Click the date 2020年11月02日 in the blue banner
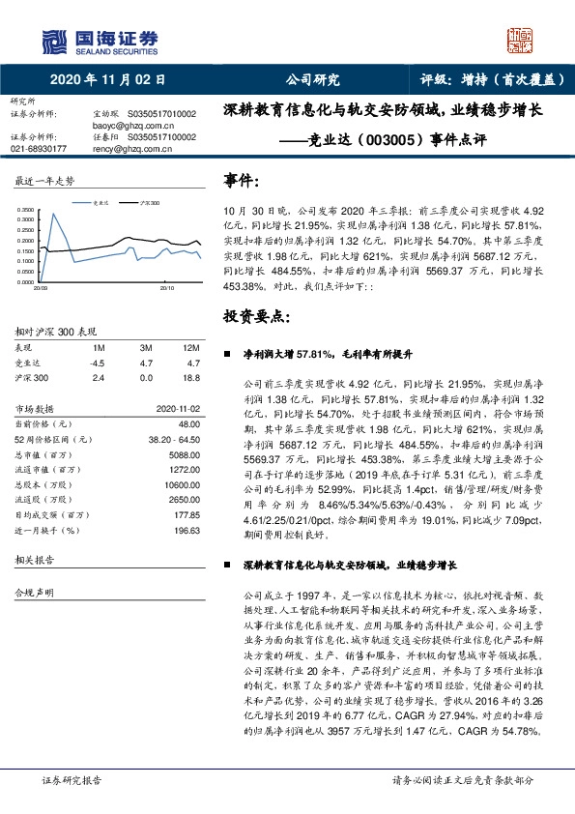click(x=107, y=80)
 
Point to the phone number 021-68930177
click(x=39, y=149)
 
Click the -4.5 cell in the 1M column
click(x=97, y=363)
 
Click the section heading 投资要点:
click(x=256, y=317)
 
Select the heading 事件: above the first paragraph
click(x=242, y=181)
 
